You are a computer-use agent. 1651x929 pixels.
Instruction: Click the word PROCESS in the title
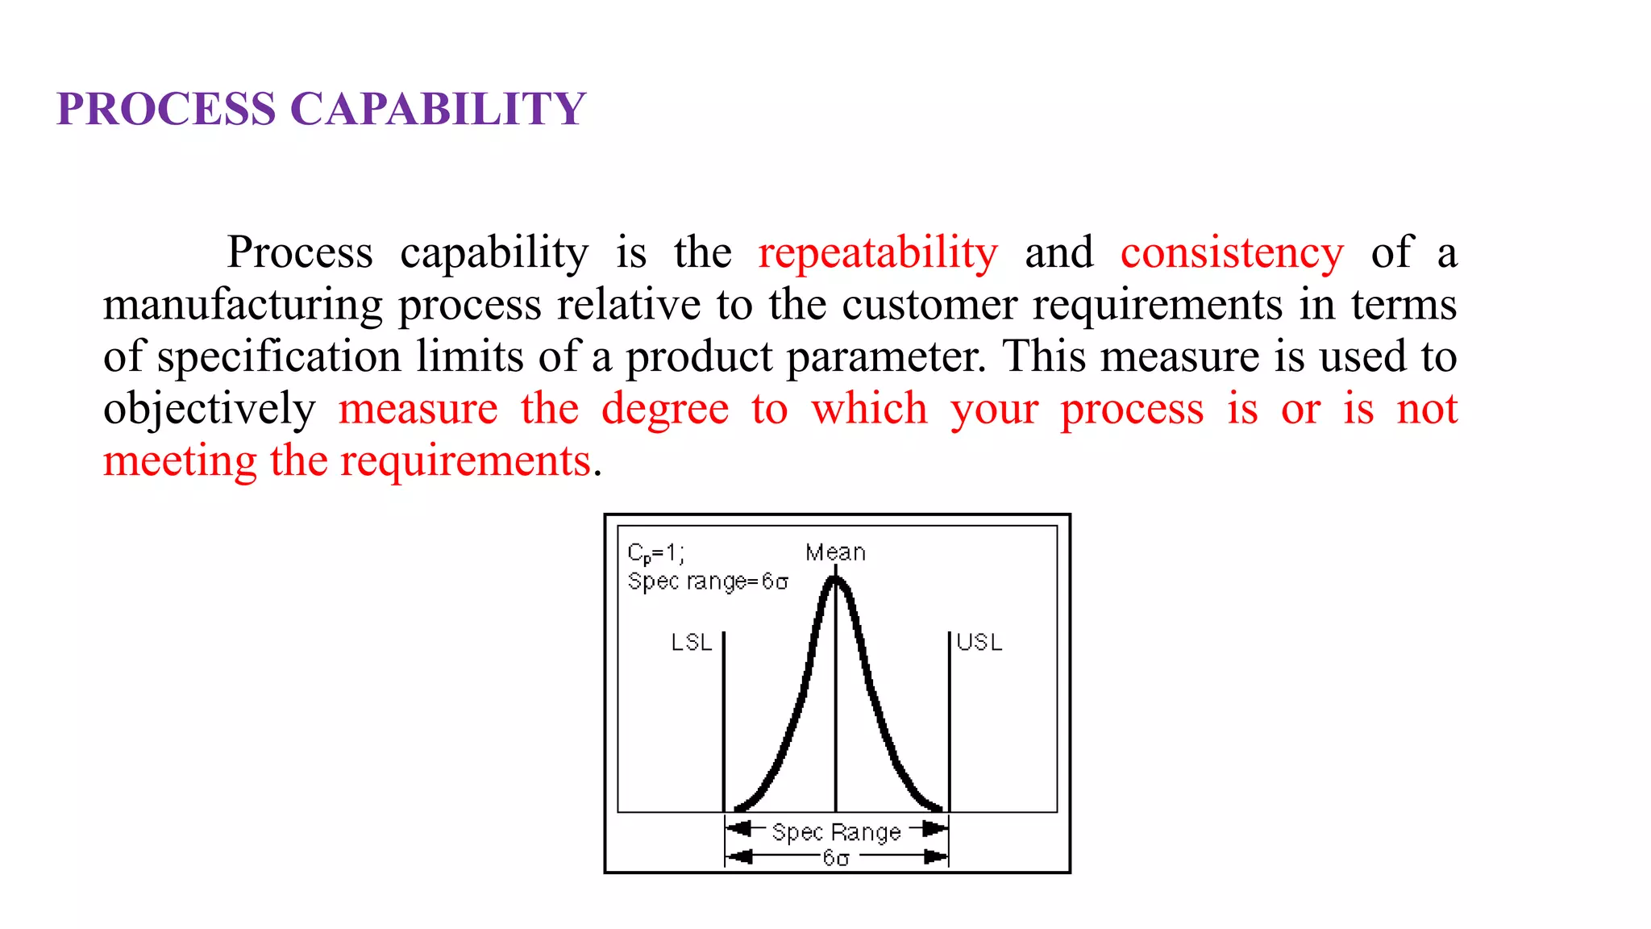[x=166, y=109]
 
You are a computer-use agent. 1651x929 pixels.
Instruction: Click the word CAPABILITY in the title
[x=438, y=109]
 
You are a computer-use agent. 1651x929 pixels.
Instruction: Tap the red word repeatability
[x=878, y=253]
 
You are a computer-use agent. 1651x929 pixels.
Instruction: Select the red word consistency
[x=1232, y=253]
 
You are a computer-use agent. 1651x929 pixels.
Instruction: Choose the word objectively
[x=209, y=409]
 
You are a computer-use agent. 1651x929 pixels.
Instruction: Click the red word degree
[x=665, y=409]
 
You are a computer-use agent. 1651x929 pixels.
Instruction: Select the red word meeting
[x=180, y=461]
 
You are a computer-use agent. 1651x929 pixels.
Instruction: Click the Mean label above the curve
[x=835, y=552]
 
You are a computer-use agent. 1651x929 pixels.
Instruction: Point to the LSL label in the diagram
[x=692, y=643]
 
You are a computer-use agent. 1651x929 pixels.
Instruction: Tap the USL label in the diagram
[x=979, y=643]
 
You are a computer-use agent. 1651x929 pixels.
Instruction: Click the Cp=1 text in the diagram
[x=655, y=553]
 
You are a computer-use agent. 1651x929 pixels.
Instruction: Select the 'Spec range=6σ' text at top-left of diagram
[x=708, y=581]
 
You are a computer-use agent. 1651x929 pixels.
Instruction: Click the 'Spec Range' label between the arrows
[x=836, y=832]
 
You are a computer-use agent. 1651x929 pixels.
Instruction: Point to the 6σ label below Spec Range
[x=836, y=858]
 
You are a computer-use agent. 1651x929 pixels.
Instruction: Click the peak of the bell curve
[x=836, y=579]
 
